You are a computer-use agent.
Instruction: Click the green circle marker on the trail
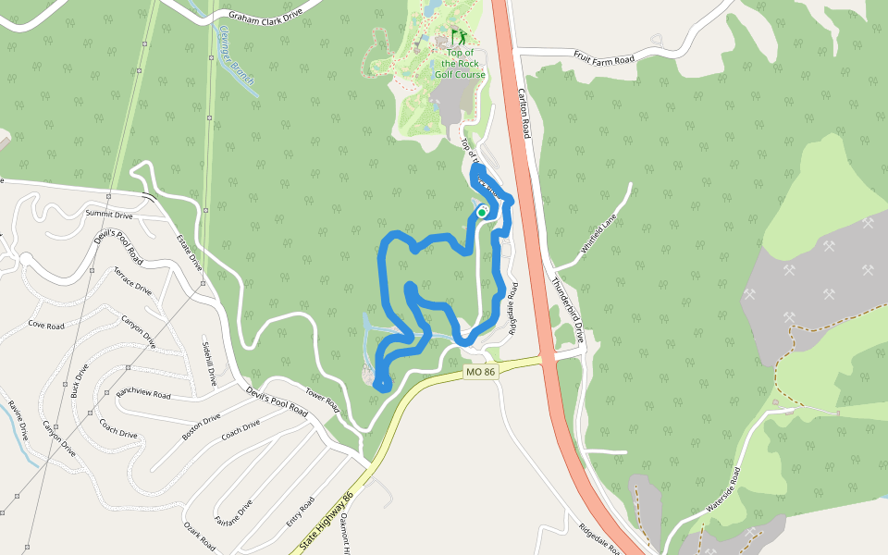tap(481, 212)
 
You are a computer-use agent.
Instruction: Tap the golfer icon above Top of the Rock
tap(459, 38)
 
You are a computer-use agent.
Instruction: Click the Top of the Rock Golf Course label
tap(460, 64)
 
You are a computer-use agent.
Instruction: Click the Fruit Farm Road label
tap(603, 59)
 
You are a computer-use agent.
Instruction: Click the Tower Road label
tap(322, 400)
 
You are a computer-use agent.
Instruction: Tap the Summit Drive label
tap(109, 215)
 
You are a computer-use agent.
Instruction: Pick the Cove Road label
tap(46, 326)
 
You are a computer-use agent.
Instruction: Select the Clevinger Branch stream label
tap(237, 55)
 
